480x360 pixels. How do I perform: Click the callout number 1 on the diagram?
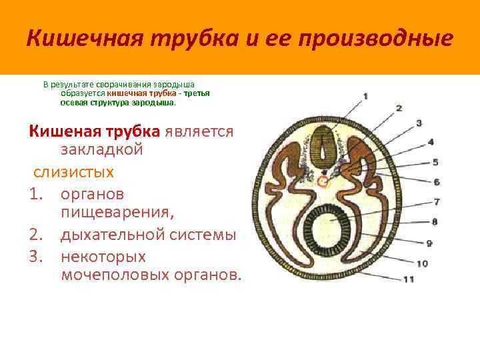point(365,97)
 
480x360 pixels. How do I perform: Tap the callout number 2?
point(399,108)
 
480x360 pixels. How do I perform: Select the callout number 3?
point(419,123)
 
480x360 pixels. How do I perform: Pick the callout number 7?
point(437,201)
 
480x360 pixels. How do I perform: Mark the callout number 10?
point(422,264)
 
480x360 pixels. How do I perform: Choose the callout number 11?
point(409,279)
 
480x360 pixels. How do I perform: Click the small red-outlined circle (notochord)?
point(324,181)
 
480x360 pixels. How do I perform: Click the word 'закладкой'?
point(102,150)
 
